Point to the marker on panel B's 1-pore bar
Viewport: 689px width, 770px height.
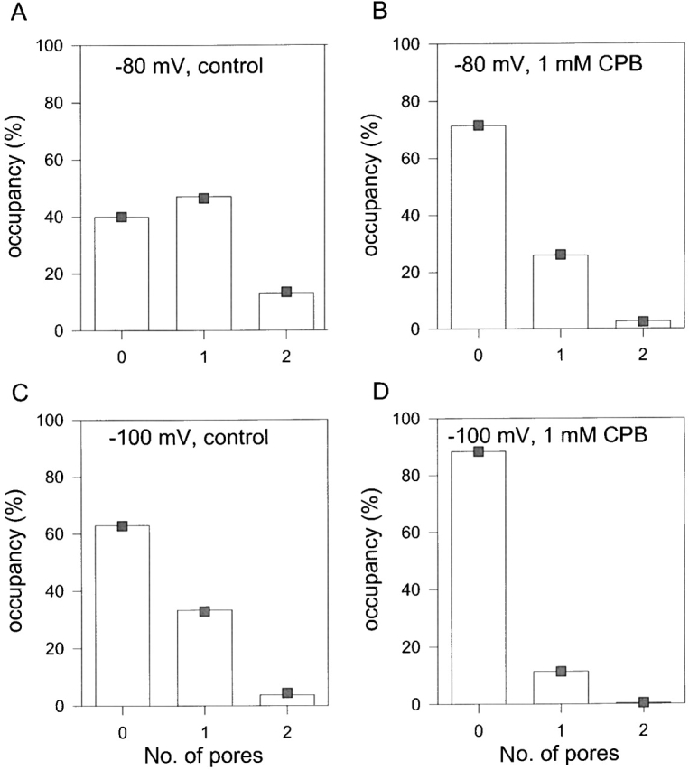561,255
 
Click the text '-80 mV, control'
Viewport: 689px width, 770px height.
180,66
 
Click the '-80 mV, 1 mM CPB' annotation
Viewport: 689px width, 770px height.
533,66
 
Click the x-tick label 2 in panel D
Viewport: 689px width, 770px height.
642,728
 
